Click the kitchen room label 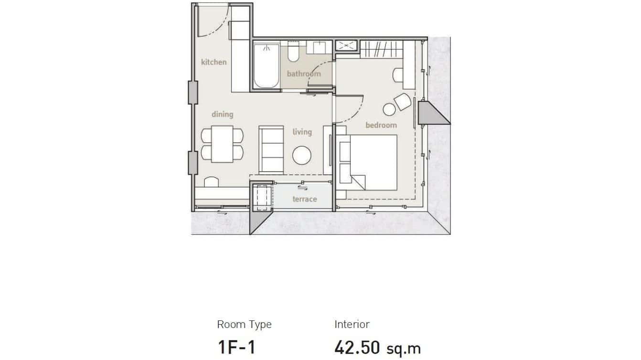[x=214, y=62]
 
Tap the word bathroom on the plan [x=304, y=74]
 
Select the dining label [x=222, y=114]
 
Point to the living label [x=302, y=132]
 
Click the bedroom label [x=381, y=125]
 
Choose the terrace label [x=304, y=199]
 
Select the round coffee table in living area [x=302, y=155]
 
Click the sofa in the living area [x=271, y=149]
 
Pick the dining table [x=222, y=144]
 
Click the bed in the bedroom [x=373, y=162]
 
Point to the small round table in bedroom [x=389, y=110]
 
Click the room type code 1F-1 [x=236, y=347]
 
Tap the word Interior [x=352, y=325]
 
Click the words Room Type [x=244, y=325]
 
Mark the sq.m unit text [x=404, y=349]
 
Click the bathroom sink [x=319, y=48]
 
